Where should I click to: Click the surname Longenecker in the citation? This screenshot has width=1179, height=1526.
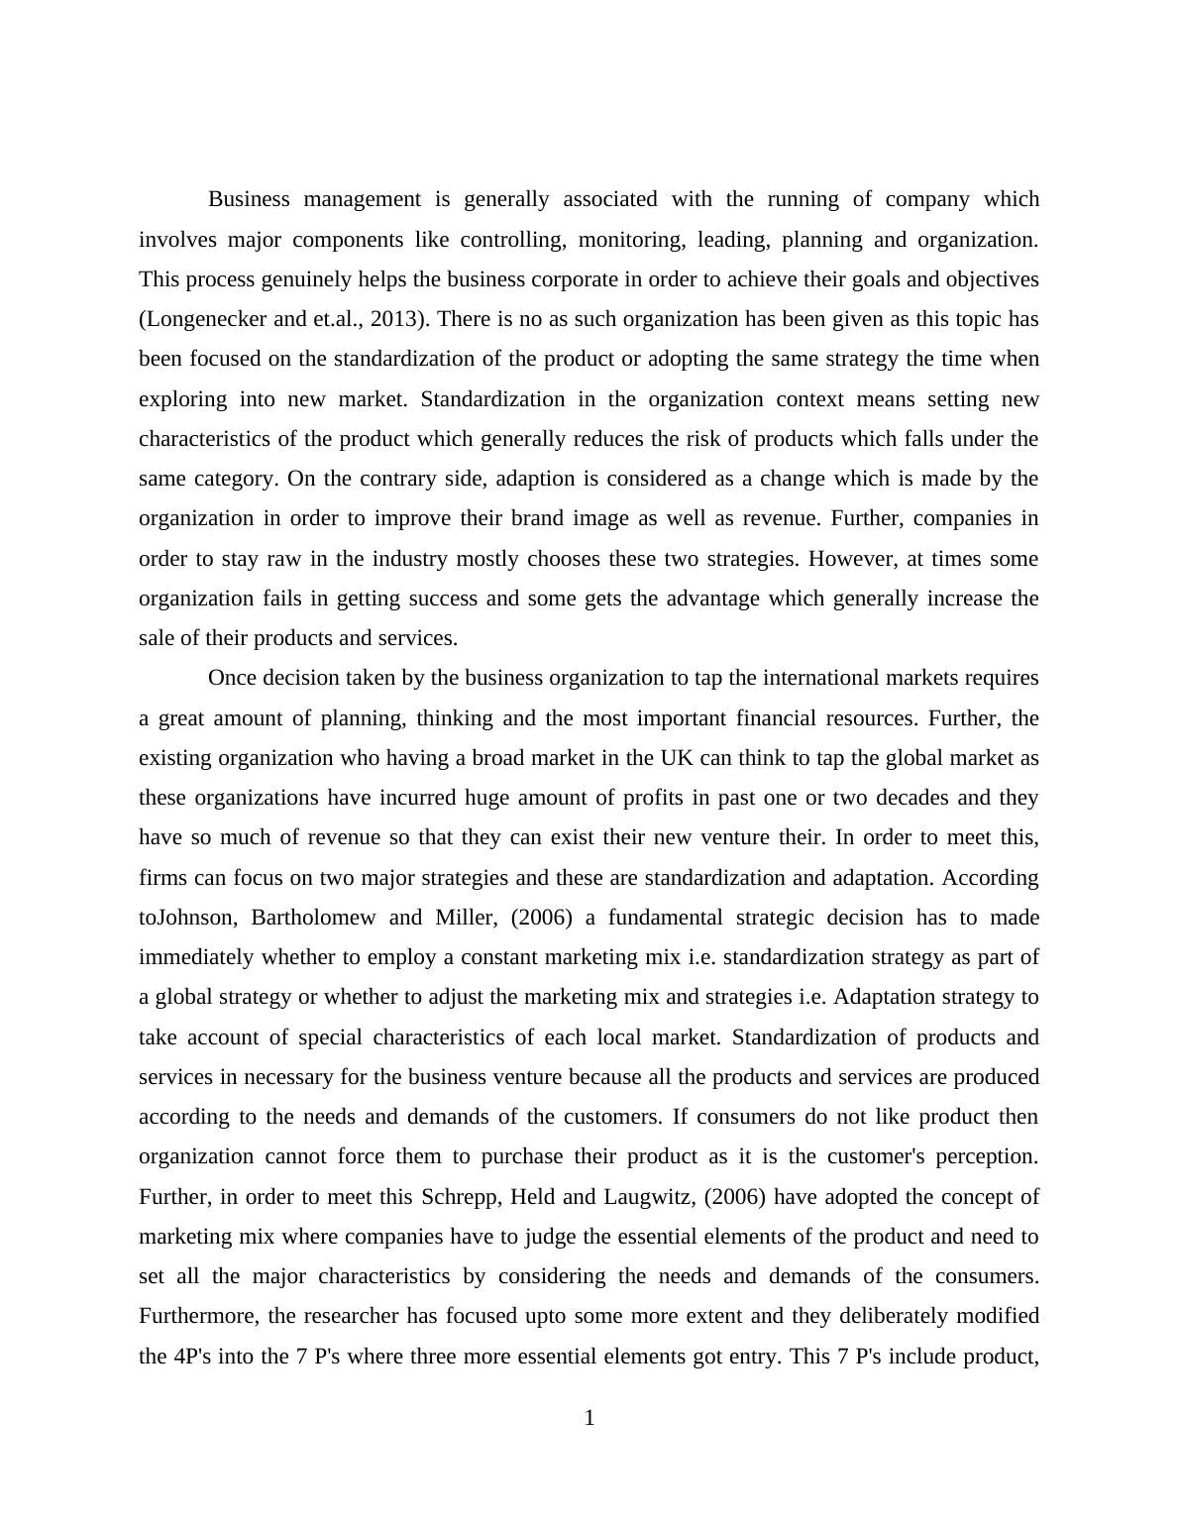click(x=203, y=319)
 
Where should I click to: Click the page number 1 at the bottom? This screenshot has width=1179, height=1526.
click(x=589, y=1419)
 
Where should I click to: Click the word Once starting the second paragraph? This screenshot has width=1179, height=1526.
click(x=233, y=678)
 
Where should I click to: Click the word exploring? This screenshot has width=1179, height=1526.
click(x=182, y=399)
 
